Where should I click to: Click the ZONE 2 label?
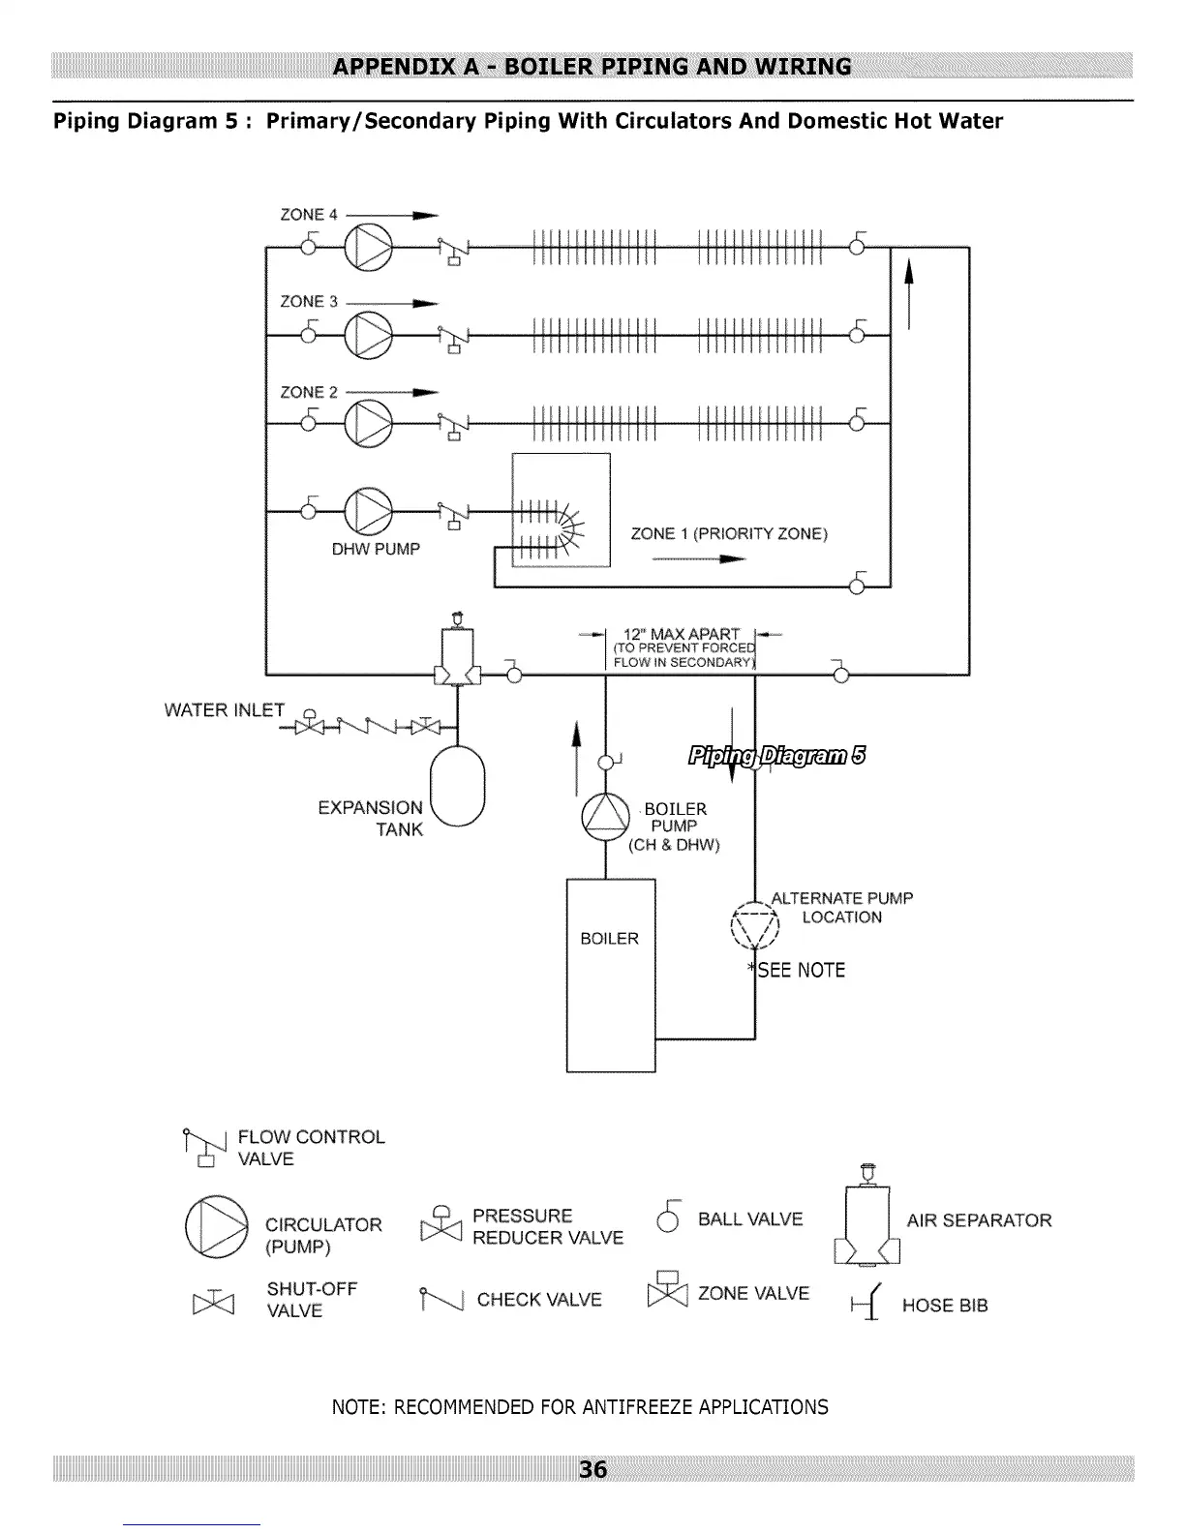click(309, 392)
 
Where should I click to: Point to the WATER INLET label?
click(225, 709)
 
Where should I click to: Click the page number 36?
click(592, 1469)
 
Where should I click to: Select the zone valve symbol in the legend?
click(667, 1289)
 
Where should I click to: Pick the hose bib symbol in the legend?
click(866, 1302)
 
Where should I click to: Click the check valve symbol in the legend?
click(441, 1299)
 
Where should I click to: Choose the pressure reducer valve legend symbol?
click(441, 1224)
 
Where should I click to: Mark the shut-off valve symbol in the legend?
click(213, 1302)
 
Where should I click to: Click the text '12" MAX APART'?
click(681, 634)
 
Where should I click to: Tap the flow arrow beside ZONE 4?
click(392, 215)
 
